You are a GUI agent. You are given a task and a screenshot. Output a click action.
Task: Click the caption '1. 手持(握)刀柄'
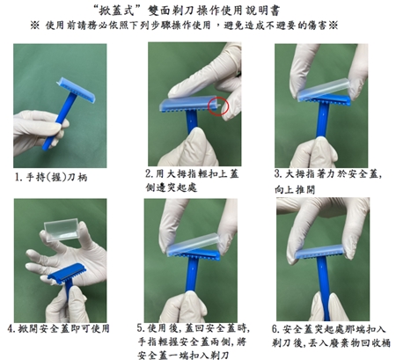coord(51,177)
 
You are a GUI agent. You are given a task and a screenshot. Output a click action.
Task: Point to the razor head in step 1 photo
coord(76,91)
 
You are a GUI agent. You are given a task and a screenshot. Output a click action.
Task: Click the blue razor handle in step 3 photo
coord(323,121)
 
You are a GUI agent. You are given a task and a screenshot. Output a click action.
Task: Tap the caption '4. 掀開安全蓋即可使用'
coord(58,328)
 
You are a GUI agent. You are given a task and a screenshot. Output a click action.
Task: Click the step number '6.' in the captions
coord(275,329)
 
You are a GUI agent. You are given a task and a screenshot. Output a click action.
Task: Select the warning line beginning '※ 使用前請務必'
coord(184,26)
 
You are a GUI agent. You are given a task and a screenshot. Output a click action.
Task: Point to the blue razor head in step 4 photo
coord(67,273)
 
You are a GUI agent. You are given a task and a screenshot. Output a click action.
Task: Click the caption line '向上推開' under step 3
coord(295,189)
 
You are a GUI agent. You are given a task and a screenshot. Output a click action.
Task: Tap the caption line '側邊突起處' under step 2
coord(172,187)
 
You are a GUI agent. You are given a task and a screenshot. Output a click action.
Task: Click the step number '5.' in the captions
coord(141,327)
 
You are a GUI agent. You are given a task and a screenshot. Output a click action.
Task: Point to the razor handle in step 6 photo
coord(324,288)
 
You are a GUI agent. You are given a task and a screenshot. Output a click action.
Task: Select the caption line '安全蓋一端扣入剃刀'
coord(183,355)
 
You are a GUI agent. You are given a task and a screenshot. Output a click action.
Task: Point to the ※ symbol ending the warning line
coord(333,26)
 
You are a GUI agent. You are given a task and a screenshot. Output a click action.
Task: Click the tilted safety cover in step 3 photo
coord(324,89)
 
